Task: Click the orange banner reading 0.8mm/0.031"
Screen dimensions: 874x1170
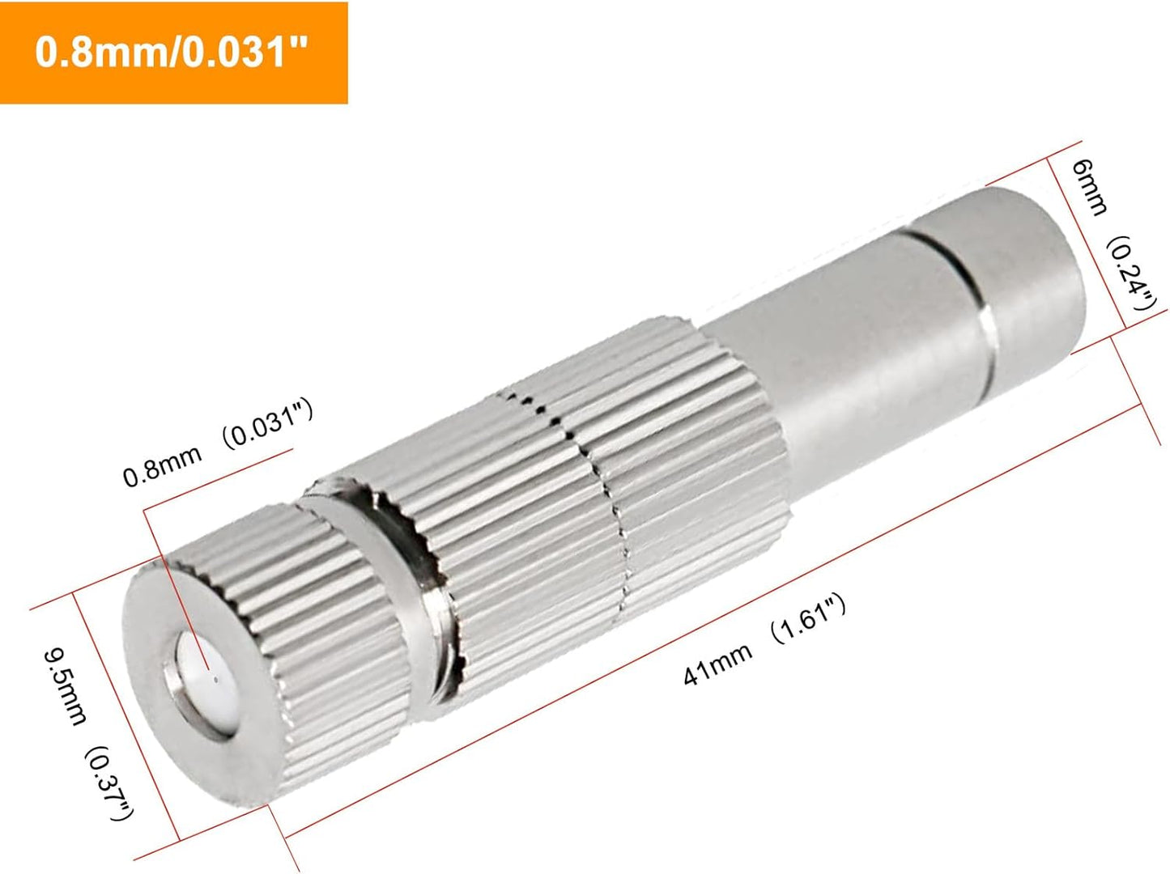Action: pos(173,53)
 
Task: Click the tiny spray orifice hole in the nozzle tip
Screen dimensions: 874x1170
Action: pos(208,671)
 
